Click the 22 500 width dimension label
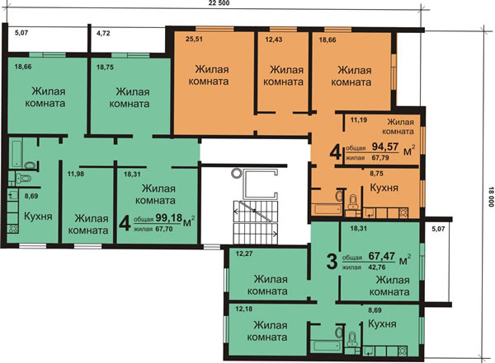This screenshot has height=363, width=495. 219,3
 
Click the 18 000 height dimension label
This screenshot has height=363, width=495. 491,197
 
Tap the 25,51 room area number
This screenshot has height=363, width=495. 194,40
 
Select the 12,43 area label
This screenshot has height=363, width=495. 274,40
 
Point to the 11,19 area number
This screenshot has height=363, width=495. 359,119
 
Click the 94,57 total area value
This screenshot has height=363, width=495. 385,147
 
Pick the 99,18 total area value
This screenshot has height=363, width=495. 169,217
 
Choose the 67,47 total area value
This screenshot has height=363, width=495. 382,256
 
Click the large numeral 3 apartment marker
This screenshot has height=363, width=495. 332,262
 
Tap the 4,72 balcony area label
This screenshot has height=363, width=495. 103,33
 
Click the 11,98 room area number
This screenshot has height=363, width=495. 76,174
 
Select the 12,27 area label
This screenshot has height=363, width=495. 244,254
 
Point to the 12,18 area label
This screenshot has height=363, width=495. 243,309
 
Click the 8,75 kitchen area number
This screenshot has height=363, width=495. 377,174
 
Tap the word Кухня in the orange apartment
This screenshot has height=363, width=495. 384,188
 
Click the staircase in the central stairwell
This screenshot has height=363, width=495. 256,222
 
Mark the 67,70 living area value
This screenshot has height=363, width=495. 164,229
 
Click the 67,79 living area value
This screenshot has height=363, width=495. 380,157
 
